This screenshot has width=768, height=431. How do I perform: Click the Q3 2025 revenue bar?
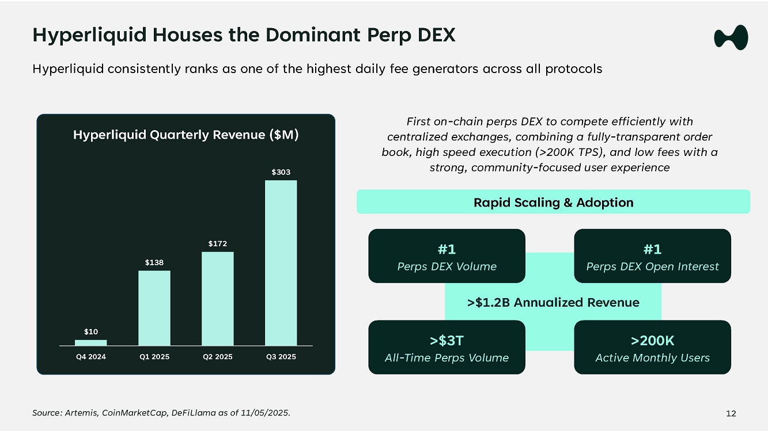click(x=281, y=263)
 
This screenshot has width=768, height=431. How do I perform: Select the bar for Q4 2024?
click(x=91, y=342)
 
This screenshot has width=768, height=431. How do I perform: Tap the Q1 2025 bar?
click(x=154, y=308)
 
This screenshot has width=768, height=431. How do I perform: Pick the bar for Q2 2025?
click(x=217, y=299)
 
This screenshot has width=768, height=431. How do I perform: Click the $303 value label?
click(x=281, y=172)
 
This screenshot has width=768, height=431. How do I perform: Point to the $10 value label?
click(x=91, y=331)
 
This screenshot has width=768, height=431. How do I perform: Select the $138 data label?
click(x=154, y=262)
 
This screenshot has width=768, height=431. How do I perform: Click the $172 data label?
click(x=217, y=244)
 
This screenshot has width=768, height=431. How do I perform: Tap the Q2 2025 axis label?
click(x=217, y=357)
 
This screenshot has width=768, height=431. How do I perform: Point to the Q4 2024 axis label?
click(x=91, y=357)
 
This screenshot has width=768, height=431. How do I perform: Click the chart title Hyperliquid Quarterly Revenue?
click(x=186, y=135)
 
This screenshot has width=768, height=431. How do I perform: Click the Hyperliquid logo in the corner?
click(x=731, y=38)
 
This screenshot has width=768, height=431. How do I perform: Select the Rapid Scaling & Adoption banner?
click(x=553, y=202)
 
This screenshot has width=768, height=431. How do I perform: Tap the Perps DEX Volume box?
click(x=447, y=256)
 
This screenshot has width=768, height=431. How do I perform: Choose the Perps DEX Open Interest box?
click(x=652, y=256)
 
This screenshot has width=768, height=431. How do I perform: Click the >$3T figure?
click(x=447, y=341)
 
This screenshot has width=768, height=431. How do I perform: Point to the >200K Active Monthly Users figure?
click(x=652, y=347)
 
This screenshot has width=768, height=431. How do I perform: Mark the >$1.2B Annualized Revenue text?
click(x=553, y=302)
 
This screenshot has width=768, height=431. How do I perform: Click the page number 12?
click(x=731, y=413)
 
